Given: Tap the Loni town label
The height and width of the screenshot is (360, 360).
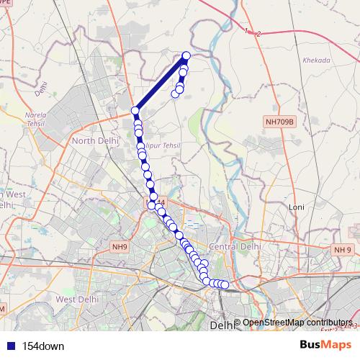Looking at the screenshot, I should (297, 207).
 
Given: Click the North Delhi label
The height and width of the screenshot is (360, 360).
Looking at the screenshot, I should (93, 141).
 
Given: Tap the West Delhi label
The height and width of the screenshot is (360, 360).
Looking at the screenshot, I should (76, 299).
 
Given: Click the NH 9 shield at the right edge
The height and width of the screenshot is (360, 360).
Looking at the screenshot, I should (343, 249).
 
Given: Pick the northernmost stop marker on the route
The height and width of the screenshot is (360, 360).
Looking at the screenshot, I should (186, 55).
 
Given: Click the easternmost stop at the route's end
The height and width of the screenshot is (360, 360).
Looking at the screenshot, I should (225, 285).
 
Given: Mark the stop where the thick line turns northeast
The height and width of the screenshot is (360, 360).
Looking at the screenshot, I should (135, 111).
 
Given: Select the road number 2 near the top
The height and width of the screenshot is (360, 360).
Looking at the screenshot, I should (258, 34).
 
